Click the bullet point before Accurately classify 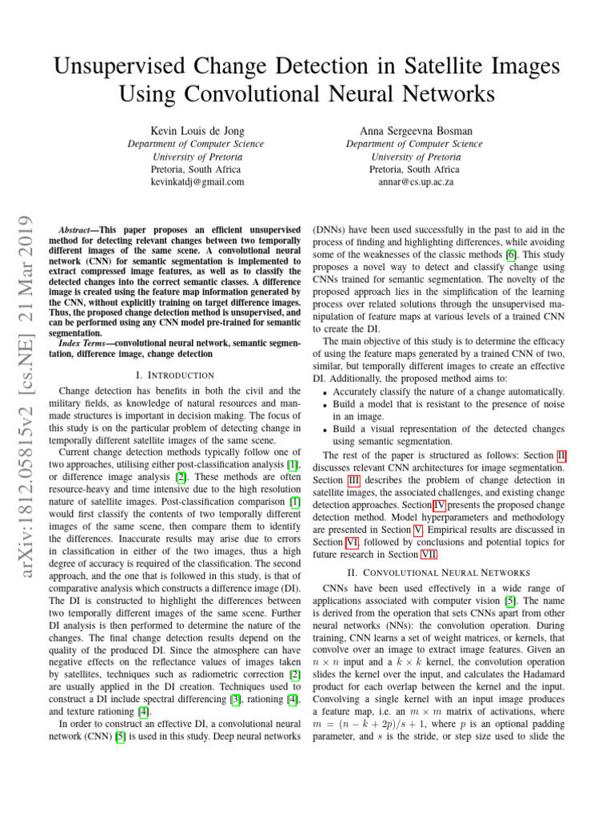pyautogui.click(x=322, y=391)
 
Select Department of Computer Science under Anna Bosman pyautogui.click(x=414, y=144)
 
